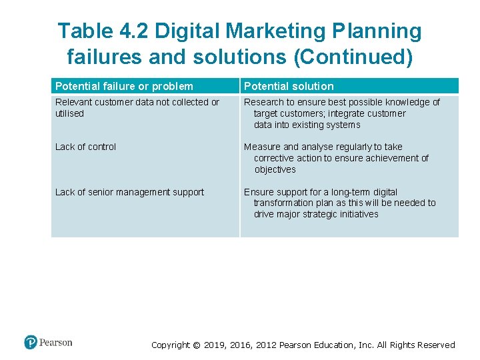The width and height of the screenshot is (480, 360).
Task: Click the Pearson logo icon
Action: [31, 343]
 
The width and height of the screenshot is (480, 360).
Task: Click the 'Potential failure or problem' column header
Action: [124, 86]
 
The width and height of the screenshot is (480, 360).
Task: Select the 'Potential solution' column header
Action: [289, 86]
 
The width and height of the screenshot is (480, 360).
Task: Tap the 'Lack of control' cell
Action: [85, 147]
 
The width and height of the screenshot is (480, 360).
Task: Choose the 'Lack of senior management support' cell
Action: [129, 192]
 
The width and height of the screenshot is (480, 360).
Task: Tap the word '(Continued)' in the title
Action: [353, 57]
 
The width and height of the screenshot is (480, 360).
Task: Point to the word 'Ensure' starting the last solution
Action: [259, 192]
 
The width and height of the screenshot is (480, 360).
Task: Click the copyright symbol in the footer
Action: [195, 345]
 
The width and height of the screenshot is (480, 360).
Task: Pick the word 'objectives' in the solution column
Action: [275, 169]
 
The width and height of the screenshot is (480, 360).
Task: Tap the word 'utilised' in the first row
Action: [69, 113]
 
